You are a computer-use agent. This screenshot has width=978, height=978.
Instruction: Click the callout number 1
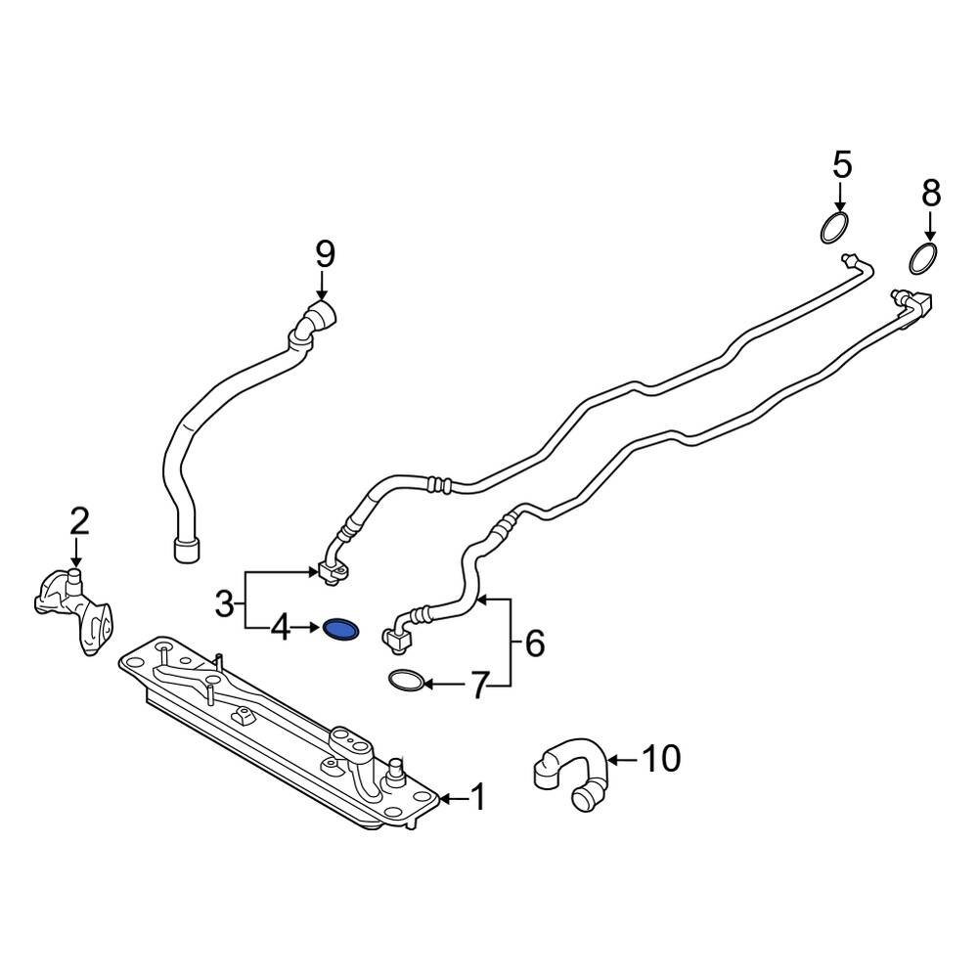pos(478,799)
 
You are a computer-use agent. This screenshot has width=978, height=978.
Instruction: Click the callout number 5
pos(842,163)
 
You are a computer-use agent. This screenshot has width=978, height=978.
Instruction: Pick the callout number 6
pos(534,643)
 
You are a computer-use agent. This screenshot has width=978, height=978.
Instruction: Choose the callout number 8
pos(930,193)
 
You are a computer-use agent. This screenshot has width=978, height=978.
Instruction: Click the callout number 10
pos(663,758)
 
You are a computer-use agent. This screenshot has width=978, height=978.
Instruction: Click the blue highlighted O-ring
pos(340,631)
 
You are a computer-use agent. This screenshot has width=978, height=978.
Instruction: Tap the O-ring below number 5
pos(833,229)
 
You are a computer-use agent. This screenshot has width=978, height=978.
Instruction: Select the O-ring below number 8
pos(923,259)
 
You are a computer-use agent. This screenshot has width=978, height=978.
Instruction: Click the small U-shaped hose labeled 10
pos(572,773)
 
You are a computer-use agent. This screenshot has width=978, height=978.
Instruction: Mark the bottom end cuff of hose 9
pos(186,550)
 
